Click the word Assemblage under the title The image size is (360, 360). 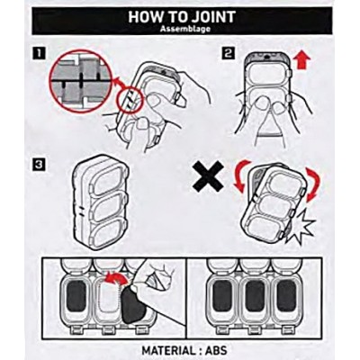point(184,29)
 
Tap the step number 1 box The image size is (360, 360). point(39,54)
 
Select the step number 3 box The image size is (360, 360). point(39,165)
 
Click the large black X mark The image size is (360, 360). point(208,176)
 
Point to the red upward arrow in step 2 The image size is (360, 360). point(301,60)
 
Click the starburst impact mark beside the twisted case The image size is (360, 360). point(301,227)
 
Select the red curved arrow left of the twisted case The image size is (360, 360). point(241,175)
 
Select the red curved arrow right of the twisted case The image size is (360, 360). point(314,183)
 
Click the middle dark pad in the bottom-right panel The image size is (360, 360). point(254,296)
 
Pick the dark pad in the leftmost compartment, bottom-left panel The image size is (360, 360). point(76,296)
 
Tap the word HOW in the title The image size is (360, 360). point(141,17)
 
